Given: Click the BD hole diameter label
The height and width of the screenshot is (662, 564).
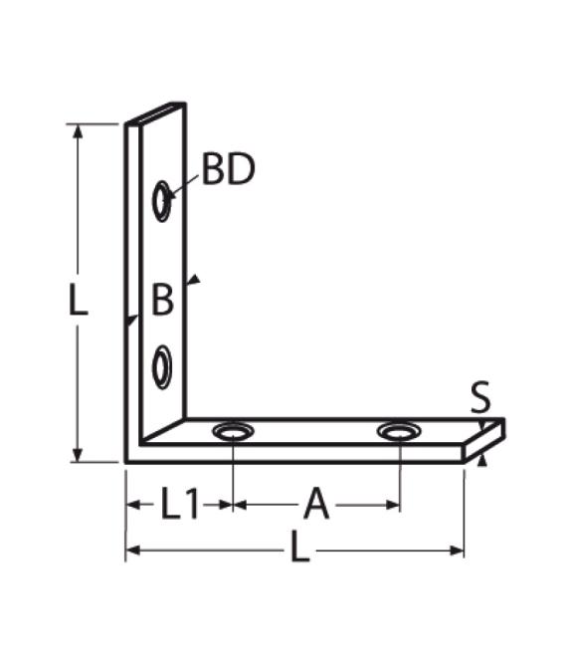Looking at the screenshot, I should (x=228, y=170).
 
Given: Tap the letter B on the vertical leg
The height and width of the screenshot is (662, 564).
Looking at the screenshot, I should (x=162, y=300).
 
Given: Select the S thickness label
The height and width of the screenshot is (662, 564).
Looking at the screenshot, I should (x=480, y=398).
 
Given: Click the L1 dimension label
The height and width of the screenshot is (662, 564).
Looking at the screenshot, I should (x=180, y=506).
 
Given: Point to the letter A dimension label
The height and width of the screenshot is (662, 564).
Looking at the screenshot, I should (x=315, y=506).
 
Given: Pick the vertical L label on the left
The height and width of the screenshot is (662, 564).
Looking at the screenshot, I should (x=78, y=300).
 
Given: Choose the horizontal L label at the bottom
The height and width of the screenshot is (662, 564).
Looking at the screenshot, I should (x=298, y=550).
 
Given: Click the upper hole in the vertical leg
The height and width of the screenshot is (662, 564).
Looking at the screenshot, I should (x=161, y=201).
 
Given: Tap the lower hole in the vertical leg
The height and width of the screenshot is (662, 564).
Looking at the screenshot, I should (x=161, y=367).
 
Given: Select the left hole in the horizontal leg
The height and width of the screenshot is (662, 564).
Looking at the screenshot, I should (x=233, y=432).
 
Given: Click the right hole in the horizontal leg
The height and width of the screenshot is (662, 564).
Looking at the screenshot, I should (x=399, y=432).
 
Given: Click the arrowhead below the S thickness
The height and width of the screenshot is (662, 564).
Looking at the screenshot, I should (x=482, y=460).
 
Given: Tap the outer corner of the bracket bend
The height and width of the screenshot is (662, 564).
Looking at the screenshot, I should (x=127, y=461).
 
